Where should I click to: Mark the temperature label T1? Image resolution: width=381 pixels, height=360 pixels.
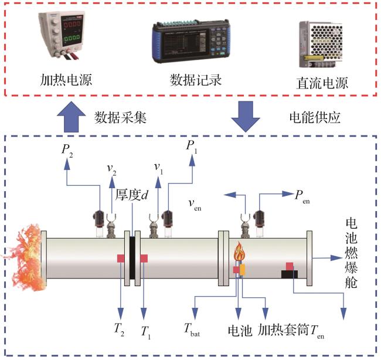tap(145, 332)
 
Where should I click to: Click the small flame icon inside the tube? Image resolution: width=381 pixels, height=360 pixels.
tap(239, 253)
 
